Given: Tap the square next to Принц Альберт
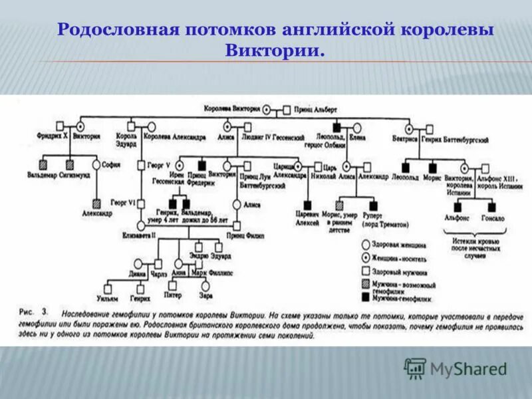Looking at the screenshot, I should tap(287, 109).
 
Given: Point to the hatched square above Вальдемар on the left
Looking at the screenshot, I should tap(43, 164).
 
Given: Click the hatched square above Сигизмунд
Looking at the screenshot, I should tap(70, 164).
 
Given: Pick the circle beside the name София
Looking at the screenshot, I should tap(96, 164).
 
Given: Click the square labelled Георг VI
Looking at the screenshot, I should tap(141, 200).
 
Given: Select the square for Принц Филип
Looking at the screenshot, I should tap(237, 226).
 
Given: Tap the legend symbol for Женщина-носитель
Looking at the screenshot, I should tap(366, 257).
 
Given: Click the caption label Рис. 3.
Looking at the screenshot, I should tap(32, 311).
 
